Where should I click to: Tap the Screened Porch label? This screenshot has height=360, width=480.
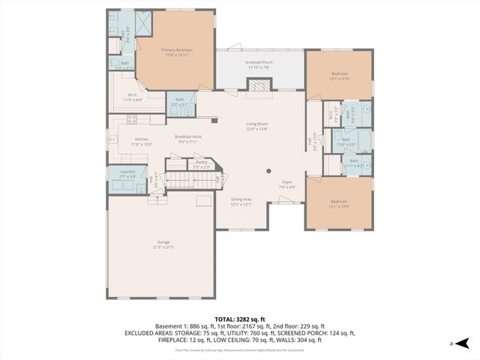[x=259, y=65]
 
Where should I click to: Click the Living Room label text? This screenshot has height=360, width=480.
[x=257, y=126]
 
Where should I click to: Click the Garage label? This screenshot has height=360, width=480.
[x=163, y=244]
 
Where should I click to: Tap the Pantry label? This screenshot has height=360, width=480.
[x=201, y=163]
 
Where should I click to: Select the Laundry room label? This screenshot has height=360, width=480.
[x=127, y=174]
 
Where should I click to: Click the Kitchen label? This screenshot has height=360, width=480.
[x=142, y=141]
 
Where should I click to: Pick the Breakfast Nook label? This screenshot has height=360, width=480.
[x=187, y=139]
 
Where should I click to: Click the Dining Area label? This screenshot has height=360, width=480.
[x=241, y=200]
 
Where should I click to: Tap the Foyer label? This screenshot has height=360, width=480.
[x=286, y=183]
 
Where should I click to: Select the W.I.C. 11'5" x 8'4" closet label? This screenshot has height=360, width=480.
[x=132, y=97]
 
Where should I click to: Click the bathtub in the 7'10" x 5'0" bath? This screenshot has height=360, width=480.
[x=361, y=140]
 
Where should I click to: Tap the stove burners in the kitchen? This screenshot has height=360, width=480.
[x=112, y=119]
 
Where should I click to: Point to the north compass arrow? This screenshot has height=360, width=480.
[x=462, y=343]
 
